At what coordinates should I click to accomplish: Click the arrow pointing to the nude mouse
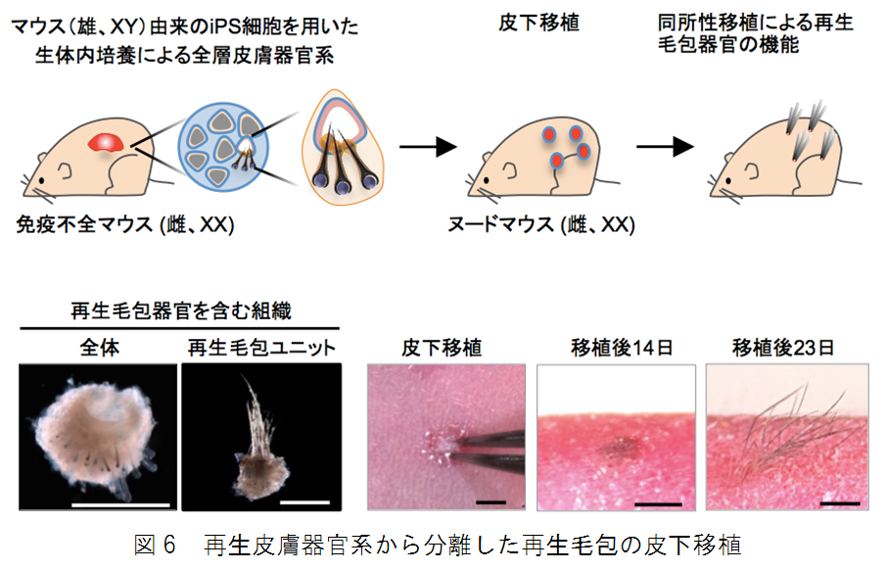[429, 147]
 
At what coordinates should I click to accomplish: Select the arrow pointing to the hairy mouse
[667, 147]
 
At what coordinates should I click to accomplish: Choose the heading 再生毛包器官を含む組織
[181, 311]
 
